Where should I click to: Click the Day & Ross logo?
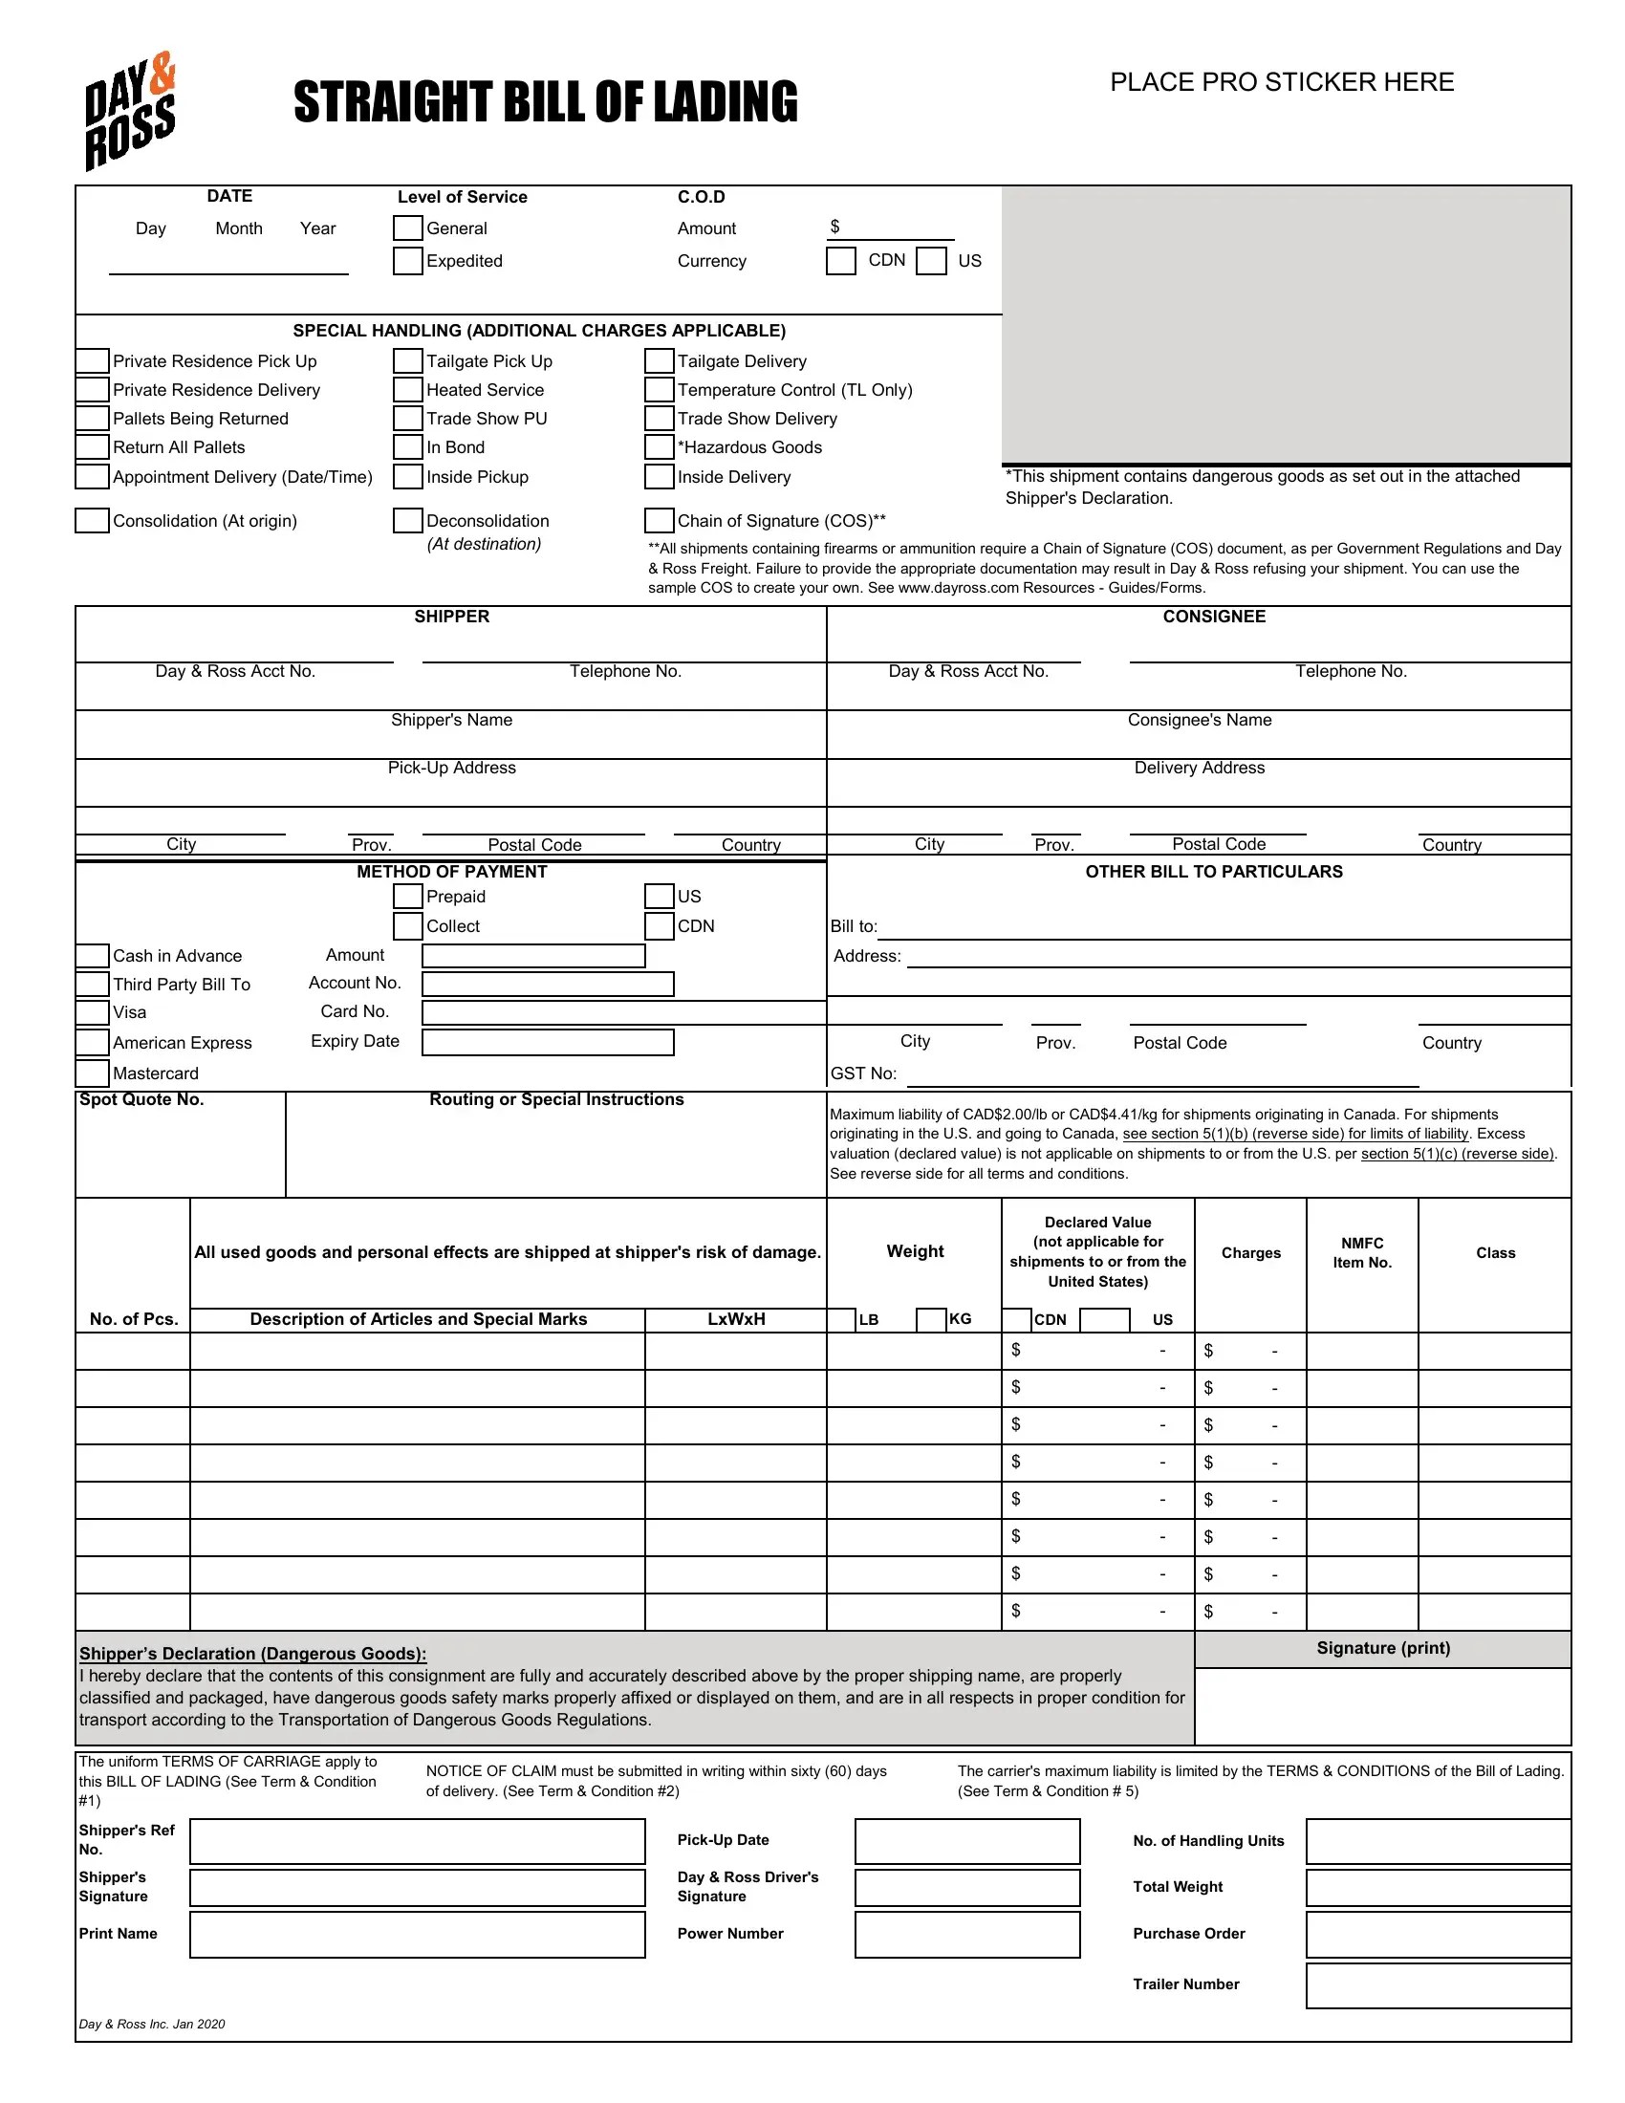point(130,111)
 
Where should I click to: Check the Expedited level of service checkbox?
point(408,261)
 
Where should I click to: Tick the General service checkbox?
point(408,228)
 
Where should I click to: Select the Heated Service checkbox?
point(408,390)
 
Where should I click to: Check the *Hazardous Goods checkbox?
point(660,447)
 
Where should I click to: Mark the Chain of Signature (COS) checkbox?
point(660,521)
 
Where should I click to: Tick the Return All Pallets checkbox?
point(93,447)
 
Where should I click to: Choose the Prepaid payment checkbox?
point(408,897)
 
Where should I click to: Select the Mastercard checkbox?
point(93,1073)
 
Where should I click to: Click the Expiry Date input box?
point(548,1042)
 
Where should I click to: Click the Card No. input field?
point(624,1012)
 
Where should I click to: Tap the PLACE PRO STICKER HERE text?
point(1281,83)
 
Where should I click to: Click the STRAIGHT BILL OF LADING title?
point(546,102)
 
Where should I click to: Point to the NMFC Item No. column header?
point(1361,1253)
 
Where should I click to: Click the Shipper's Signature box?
point(417,1887)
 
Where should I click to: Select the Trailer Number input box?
point(1438,1985)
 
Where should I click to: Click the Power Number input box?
point(966,1935)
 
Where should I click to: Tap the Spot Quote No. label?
point(141,1099)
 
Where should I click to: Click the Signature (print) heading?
point(1382,1649)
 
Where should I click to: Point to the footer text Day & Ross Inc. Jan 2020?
point(152,2024)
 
